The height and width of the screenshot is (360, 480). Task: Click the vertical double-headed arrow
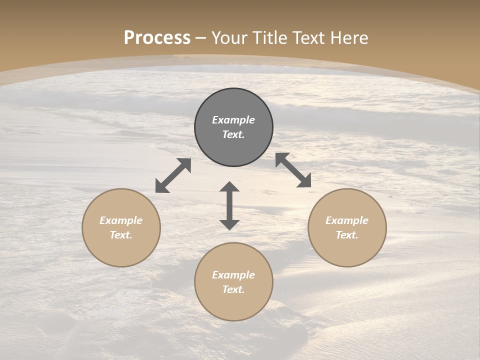pos(229,205)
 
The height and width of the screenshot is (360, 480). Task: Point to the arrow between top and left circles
pos(173,175)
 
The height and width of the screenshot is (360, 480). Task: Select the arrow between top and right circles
pos(293,170)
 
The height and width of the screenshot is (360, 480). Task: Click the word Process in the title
pos(157,38)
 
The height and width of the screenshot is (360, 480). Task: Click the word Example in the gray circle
pos(233,120)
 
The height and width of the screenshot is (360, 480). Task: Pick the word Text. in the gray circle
pos(233,134)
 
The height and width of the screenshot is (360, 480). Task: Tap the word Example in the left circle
pos(121,220)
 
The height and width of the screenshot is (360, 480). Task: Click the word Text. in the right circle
pos(347,235)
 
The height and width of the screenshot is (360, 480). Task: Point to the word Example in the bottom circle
pos(233,275)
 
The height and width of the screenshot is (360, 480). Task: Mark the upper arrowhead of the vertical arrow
pos(229,187)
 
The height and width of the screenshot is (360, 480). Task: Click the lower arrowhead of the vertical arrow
pos(229,224)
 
